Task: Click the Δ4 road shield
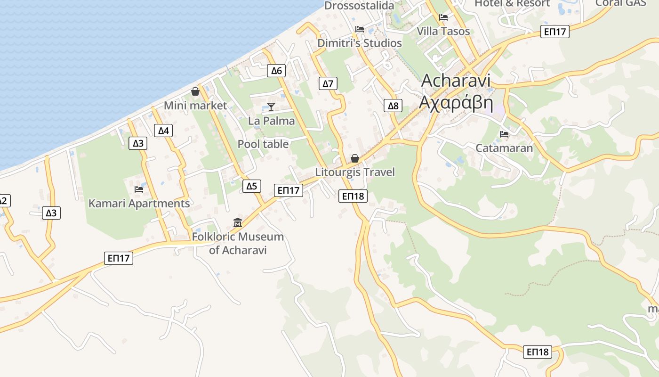(163, 131)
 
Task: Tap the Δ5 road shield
(252, 186)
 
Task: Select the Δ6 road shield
(276, 71)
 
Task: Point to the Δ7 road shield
(328, 84)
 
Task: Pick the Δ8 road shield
(393, 106)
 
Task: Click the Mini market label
(195, 106)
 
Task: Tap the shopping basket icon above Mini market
(195, 91)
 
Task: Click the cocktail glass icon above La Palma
(271, 107)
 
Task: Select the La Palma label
(272, 121)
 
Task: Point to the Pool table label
(263, 144)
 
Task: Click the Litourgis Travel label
(355, 172)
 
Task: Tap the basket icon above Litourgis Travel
(355, 158)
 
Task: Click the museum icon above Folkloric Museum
(238, 222)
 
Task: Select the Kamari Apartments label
(139, 204)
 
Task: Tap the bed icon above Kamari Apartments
(139, 189)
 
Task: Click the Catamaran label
(504, 148)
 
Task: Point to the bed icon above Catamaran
(504, 134)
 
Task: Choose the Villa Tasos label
(443, 31)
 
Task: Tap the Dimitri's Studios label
(360, 43)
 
